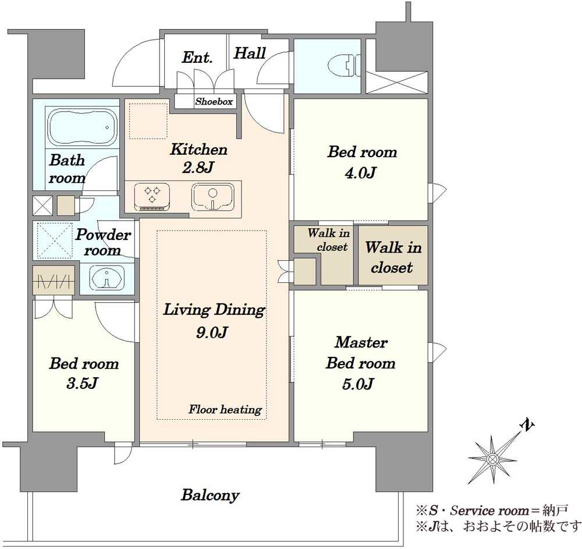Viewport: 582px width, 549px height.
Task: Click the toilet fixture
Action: click(x=345, y=66)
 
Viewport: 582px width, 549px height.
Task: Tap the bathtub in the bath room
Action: click(x=83, y=127)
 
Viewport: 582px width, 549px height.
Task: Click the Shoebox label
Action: click(x=214, y=101)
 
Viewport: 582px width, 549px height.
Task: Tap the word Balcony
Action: click(x=210, y=495)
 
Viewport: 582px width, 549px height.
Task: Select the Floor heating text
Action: click(x=225, y=409)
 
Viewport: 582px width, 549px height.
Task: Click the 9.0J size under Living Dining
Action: click(x=212, y=332)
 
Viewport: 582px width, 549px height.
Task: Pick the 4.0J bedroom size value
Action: click(x=361, y=172)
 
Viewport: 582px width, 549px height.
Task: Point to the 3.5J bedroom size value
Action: click(x=81, y=383)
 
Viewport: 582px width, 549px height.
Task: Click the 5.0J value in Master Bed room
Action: click(x=358, y=384)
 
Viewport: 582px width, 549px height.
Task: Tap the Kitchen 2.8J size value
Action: click(x=198, y=168)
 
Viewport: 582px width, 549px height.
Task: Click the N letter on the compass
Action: click(x=527, y=426)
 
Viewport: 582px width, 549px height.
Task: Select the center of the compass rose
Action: click(x=492, y=459)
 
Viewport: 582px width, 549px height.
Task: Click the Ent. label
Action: click(x=197, y=58)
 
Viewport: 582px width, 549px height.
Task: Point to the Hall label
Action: click(x=250, y=53)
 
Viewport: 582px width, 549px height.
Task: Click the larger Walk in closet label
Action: click(x=393, y=257)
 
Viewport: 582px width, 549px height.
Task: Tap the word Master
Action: click(x=361, y=342)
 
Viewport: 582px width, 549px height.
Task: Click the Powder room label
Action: click(x=103, y=242)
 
